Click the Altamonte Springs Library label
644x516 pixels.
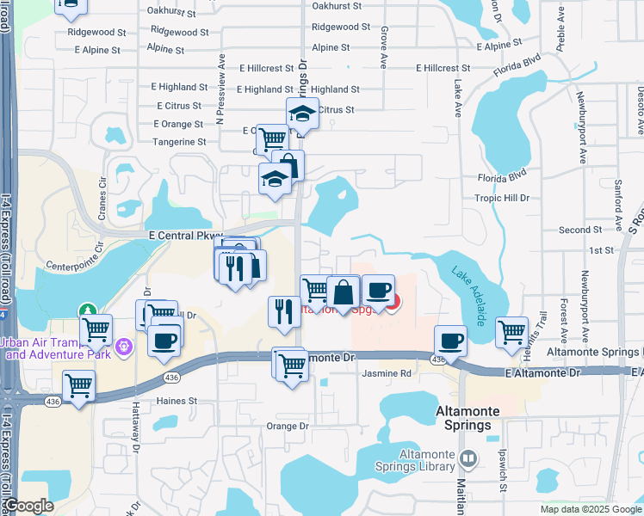click(427, 460)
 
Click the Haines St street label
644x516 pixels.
click(176, 401)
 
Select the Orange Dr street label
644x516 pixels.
click(287, 426)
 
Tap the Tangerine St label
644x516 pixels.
click(177, 142)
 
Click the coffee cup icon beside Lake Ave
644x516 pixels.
click(450, 340)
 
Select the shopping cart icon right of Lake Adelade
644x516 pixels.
click(512, 330)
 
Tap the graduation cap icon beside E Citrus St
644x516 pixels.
click(302, 113)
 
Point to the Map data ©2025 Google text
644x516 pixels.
click(591, 509)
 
